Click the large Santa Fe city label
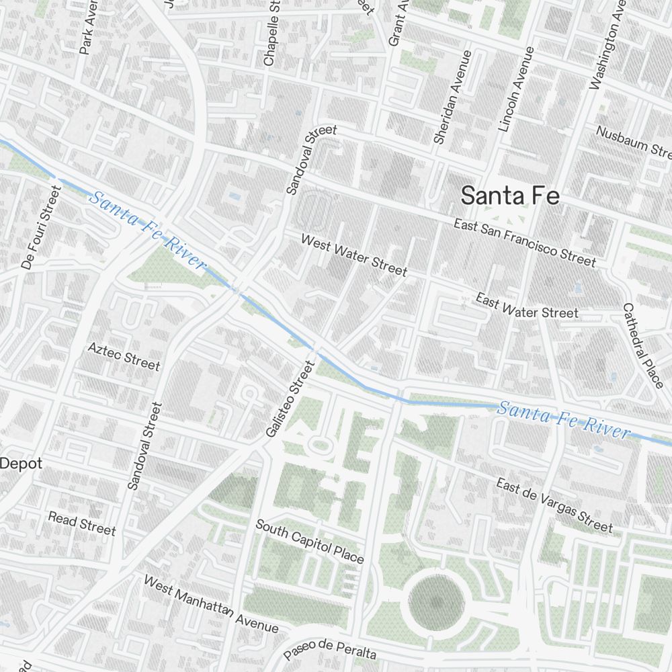click(x=510, y=196)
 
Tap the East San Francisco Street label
click(x=524, y=242)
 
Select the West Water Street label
click(x=353, y=255)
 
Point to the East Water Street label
click(x=527, y=305)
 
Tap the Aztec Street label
click(x=124, y=355)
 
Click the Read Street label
click(x=81, y=523)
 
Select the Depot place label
click(x=22, y=464)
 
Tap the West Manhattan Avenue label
click(x=211, y=604)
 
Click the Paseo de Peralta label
click(x=330, y=650)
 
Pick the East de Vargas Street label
click(x=554, y=505)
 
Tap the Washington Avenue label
click(x=603, y=47)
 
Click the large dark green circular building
click(x=437, y=602)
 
